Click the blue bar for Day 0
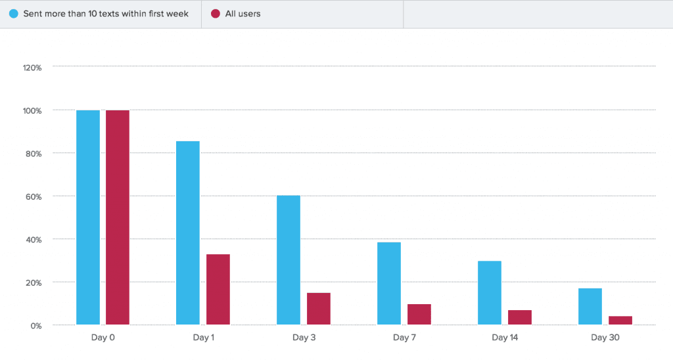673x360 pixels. [88, 217]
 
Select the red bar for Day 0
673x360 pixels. [118, 217]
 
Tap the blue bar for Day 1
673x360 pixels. [188, 233]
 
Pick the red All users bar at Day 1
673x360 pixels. [218, 289]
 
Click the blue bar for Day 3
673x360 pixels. [289, 260]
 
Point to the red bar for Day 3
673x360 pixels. [319, 309]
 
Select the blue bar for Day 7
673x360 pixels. [389, 283]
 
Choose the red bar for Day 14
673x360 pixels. [520, 317]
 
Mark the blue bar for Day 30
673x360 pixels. [590, 306]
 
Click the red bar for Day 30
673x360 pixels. [620, 321]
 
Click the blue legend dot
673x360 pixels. [14, 14]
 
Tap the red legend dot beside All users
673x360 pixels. [216, 14]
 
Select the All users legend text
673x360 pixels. [243, 14]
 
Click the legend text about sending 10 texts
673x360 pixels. [106, 14]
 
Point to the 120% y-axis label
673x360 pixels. [32, 67]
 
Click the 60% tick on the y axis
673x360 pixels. [34, 196]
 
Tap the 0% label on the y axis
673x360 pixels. [35, 326]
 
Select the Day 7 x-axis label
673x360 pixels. [404, 338]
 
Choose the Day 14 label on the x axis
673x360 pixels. [505, 338]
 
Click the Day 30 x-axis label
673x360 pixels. [605, 338]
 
